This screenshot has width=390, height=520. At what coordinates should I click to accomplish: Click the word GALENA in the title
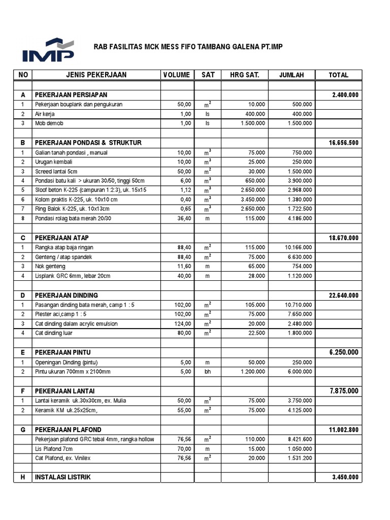pyautogui.click(x=239, y=47)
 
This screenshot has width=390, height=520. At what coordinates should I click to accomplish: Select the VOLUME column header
pyautogui.click(x=177, y=75)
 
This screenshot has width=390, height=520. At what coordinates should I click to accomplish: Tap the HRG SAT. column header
pyautogui.click(x=245, y=75)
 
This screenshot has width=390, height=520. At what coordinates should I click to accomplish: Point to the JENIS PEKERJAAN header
pyautogui.click(x=96, y=75)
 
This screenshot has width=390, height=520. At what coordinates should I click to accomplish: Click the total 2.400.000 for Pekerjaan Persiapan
pyautogui.click(x=345, y=95)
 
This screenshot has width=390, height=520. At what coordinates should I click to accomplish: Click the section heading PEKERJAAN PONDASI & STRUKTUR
pyautogui.click(x=88, y=143)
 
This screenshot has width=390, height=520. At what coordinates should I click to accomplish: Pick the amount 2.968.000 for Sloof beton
pyautogui.click(x=299, y=190)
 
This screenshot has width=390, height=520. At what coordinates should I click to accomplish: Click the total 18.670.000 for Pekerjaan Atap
pyautogui.click(x=343, y=238)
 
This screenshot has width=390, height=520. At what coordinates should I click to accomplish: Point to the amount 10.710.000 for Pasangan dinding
pyautogui.click(x=299, y=305)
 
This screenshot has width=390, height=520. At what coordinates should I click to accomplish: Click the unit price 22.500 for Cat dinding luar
pyautogui.click(x=254, y=333)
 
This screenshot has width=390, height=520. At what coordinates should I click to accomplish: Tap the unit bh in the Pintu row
pyautogui.click(x=207, y=372)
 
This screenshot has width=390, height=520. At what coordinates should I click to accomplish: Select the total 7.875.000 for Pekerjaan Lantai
pyautogui.click(x=344, y=391)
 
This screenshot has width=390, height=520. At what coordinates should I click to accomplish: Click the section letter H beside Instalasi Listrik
pyautogui.click(x=22, y=477)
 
